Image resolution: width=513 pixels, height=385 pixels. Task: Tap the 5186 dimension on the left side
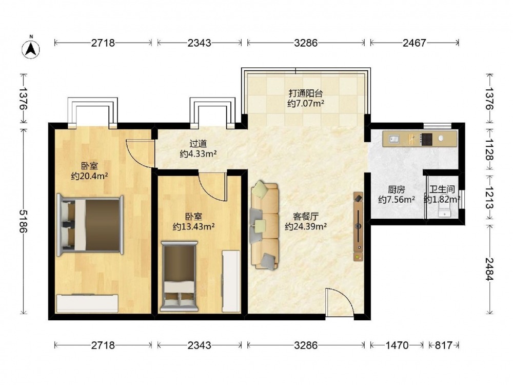coord(24,221)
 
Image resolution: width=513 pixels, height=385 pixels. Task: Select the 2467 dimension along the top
coord(414,43)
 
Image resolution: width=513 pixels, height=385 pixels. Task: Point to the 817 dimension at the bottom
coord(444,345)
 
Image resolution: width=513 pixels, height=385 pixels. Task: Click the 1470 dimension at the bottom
coord(397,345)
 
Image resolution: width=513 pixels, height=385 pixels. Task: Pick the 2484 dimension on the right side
coord(489,269)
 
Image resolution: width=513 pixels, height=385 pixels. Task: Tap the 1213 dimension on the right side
coord(489,198)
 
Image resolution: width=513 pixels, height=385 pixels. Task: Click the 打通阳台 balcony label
coord(306,93)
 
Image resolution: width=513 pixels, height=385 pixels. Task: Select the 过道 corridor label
coord(198,143)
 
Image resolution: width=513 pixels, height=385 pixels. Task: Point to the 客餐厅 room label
coord(306,216)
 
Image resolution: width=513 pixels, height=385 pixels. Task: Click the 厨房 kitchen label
coord(397,189)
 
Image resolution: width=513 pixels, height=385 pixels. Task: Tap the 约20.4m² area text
coord(90,176)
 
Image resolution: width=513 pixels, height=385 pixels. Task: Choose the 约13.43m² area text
coord(194,226)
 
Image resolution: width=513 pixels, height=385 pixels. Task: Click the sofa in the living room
coord(265,225)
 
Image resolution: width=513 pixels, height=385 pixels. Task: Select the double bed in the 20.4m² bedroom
coord(90,225)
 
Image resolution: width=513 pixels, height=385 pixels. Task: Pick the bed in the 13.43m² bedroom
coord(179,277)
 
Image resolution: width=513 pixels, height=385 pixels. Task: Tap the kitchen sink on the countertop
coord(394,139)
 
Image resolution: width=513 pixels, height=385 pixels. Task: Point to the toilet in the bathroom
coord(444,207)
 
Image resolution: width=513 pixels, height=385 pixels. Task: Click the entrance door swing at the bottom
coord(340,302)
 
